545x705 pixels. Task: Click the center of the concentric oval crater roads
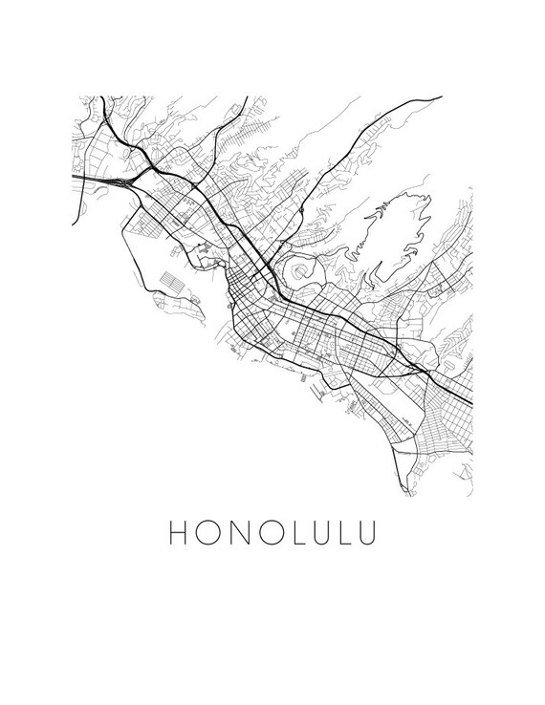303,275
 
